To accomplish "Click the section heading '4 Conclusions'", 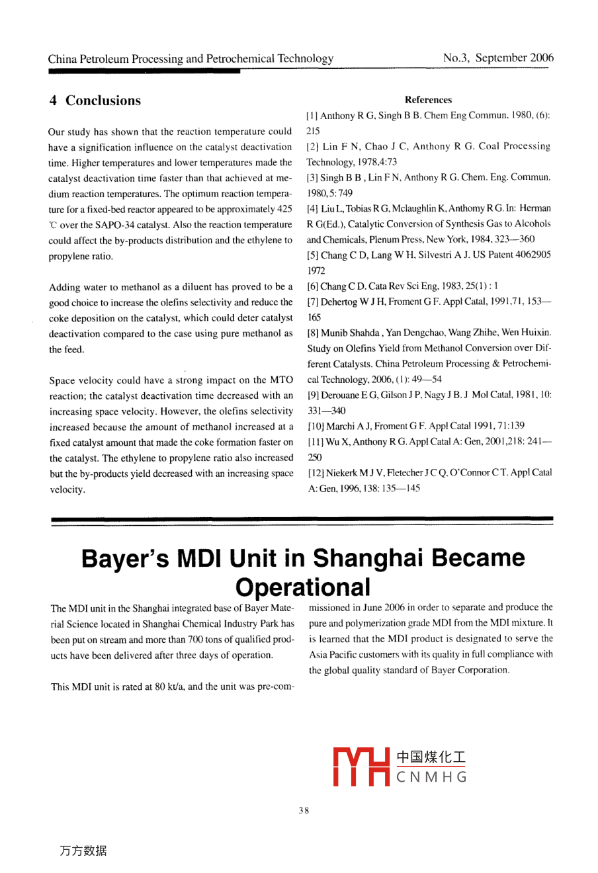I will tap(95, 101).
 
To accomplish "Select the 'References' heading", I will tap(428, 100).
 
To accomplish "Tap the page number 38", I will tap(304, 810).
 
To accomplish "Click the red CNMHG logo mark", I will tap(360, 767).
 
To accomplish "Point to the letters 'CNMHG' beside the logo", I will tap(432, 777).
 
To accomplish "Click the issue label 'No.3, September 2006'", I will tap(498, 58).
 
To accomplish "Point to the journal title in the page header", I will tap(191, 59).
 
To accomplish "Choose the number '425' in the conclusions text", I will tap(284, 209).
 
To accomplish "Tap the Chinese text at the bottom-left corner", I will tap(83, 851).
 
